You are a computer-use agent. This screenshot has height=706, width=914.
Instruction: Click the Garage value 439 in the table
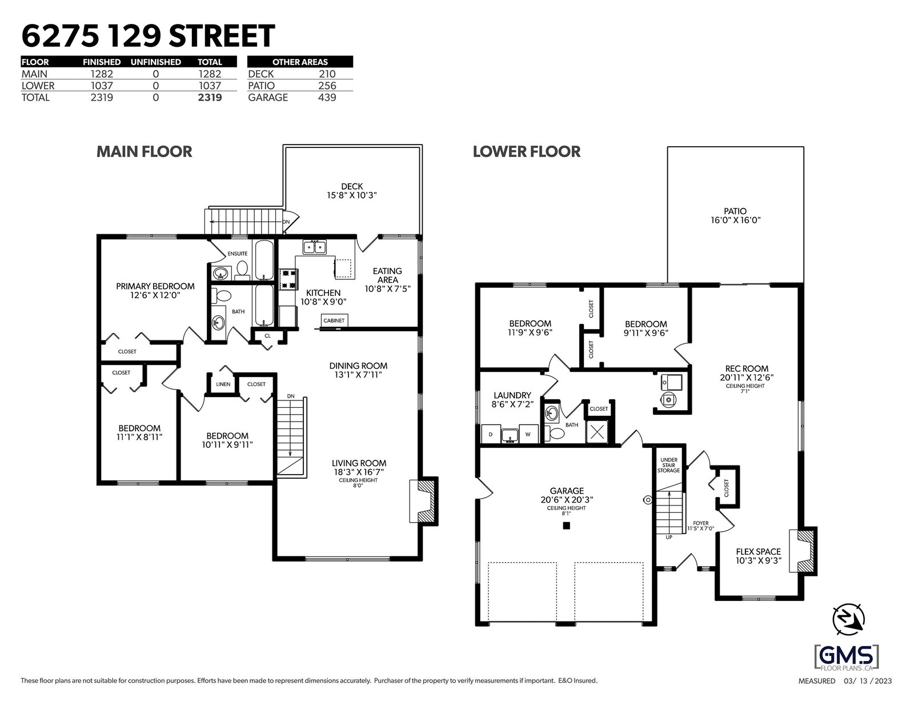(x=327, y=98)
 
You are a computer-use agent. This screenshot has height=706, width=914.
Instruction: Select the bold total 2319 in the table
(x=210, y=98)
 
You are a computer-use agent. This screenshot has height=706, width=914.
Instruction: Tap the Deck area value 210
(x=327, y=74)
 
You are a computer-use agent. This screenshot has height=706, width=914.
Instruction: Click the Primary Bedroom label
(x=155, y=286)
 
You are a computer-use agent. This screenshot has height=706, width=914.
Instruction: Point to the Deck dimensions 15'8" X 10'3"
(x=352, y=195)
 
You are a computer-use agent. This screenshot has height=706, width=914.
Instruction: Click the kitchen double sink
(x=314, y=247)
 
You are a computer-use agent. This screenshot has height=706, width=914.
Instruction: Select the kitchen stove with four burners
(x=288, y=280)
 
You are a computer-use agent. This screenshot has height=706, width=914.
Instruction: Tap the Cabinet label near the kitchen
(x=334, y=320)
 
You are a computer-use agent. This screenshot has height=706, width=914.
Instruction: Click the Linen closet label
(x=223, y=384)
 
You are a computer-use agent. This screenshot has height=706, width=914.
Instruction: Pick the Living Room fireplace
(x=423, y=501)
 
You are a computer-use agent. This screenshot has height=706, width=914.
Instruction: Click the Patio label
(x=735, y=211)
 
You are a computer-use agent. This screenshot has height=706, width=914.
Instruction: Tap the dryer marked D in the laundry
(x=491, y=434)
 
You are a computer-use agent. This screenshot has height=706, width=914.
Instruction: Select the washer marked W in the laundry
(x=528, y=434)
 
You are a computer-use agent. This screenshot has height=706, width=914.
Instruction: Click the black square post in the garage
(x=567, y=525)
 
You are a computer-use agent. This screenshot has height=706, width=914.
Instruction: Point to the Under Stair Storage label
(x=669, y=465)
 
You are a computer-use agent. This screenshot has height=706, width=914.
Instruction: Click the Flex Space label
(x=759, y=552)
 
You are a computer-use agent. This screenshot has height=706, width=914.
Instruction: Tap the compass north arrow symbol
(x=849, y=619)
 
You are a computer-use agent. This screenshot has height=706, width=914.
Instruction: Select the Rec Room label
(x=747, y=369)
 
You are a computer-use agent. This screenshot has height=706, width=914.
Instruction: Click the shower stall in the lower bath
(x=598, y=432)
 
